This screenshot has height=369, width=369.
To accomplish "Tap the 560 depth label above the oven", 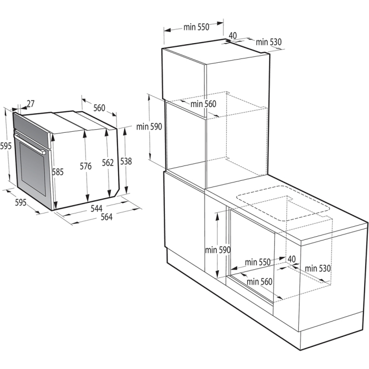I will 99,108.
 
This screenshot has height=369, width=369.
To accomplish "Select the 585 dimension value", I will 58,171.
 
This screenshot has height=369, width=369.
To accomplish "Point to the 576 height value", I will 86,167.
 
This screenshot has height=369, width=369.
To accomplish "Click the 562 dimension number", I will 108,163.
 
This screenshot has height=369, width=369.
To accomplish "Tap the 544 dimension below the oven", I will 96,208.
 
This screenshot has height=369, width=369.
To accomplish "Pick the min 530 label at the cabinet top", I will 269,42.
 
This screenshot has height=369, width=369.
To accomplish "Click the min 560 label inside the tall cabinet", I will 203,104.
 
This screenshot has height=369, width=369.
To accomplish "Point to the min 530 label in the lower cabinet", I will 317,268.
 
